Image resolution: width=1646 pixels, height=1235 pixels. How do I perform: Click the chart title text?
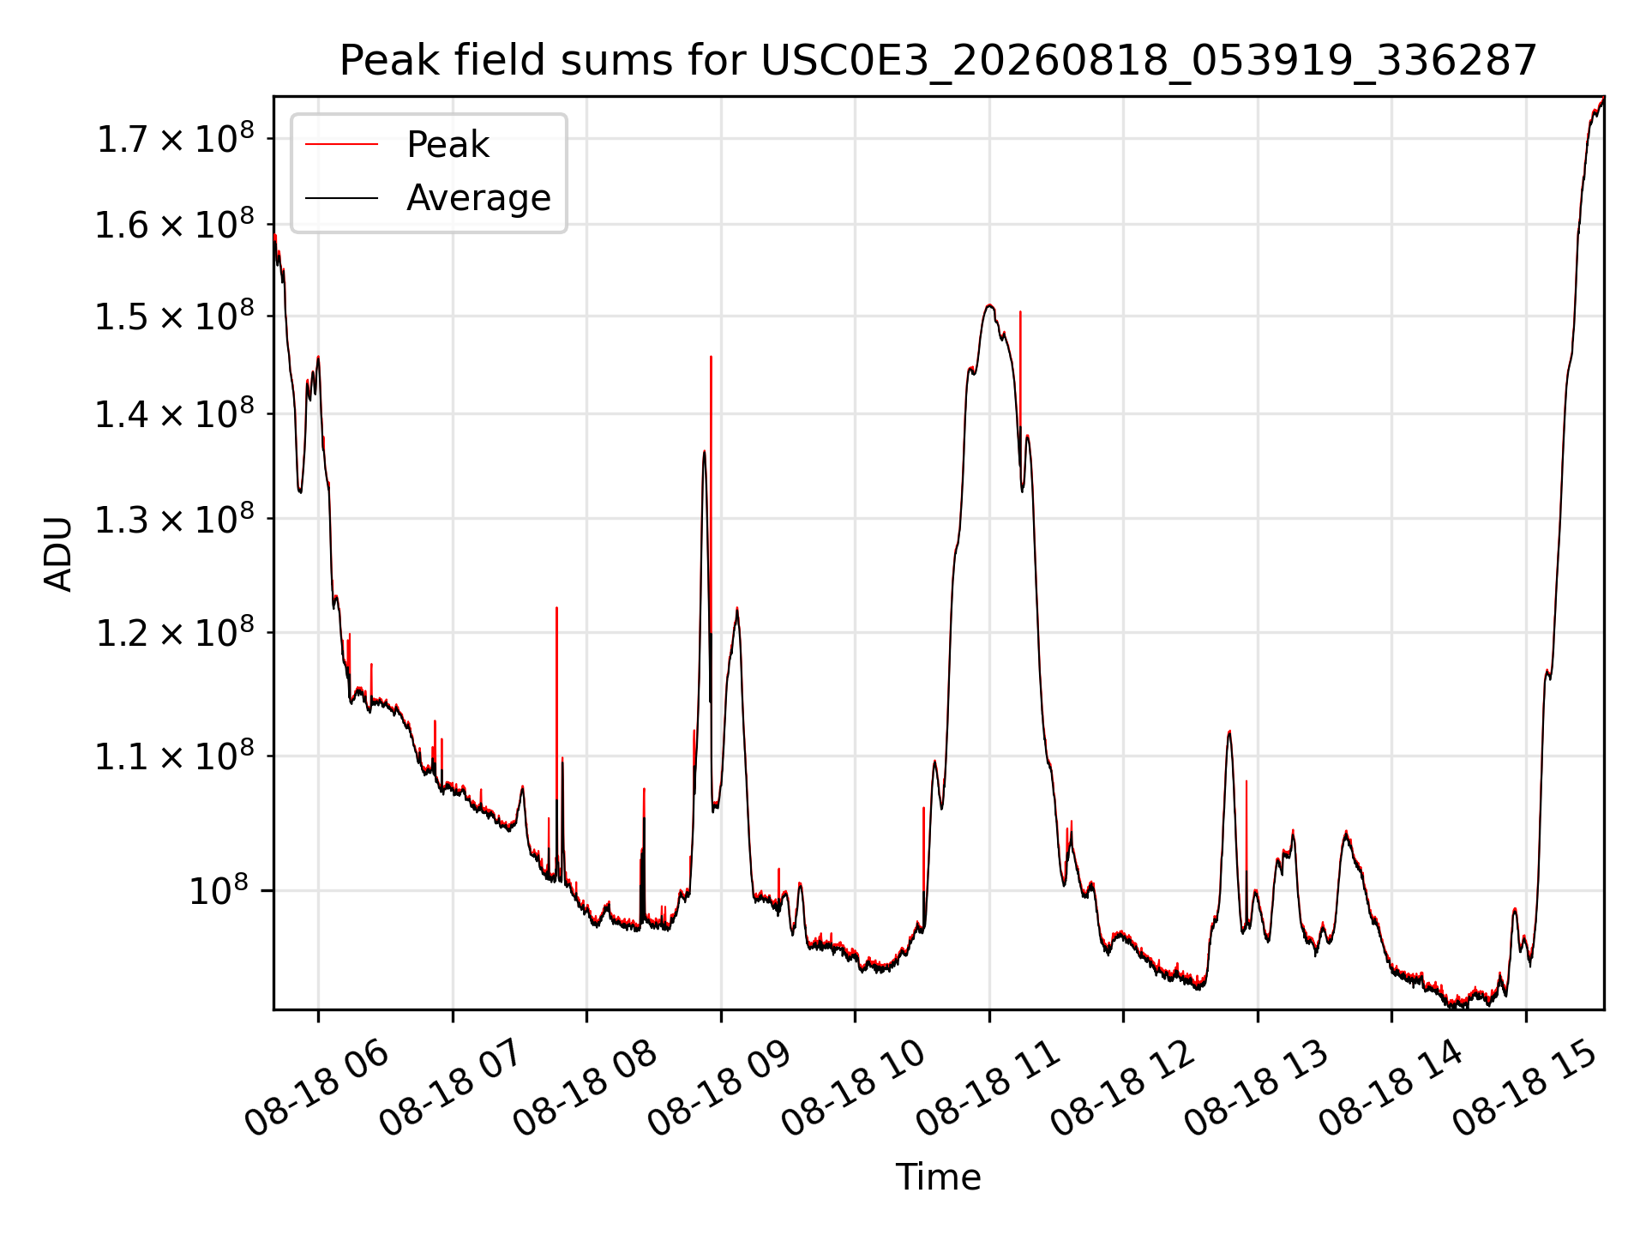[x=938, y=61]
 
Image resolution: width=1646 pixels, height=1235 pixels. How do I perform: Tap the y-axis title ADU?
[x=58, y=553]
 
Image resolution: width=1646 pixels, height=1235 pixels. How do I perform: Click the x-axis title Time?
[x=938, y=1177]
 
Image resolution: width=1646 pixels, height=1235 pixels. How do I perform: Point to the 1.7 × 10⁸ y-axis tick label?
[x=175, y=139]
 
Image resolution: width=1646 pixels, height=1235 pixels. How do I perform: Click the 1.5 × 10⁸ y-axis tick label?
[x=175, y=316]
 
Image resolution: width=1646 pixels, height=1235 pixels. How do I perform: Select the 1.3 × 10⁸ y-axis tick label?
[x=175, y=519]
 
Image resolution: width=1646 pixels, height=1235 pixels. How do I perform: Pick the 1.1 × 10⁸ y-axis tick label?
[x=175, y=756]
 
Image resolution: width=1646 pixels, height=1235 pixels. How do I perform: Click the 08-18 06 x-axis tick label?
[x=317, y=1089]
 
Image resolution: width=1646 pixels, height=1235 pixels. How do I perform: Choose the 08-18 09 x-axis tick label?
[x=720, y=1089]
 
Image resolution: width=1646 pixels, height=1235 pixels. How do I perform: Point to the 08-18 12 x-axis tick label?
[x=1123, y=1089]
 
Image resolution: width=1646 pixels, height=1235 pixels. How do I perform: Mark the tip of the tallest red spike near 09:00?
[x=711, y=357]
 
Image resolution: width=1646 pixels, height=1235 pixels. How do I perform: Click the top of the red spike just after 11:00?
[x=1020, y=312]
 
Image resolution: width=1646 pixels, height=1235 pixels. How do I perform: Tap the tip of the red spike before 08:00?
[x=556, y=608]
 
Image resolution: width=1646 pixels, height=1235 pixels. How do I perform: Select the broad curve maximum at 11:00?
[x=989, y=305]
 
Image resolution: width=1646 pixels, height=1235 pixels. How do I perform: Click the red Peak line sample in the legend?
[x=341, y=145]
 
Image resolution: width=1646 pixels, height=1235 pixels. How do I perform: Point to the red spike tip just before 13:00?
[x=1247, y=781]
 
